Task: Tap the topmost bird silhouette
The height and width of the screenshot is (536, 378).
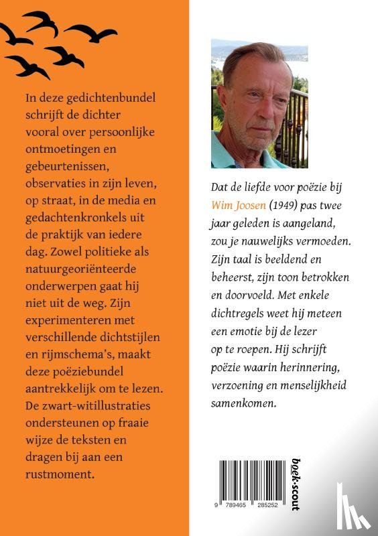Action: pos(40,21)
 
